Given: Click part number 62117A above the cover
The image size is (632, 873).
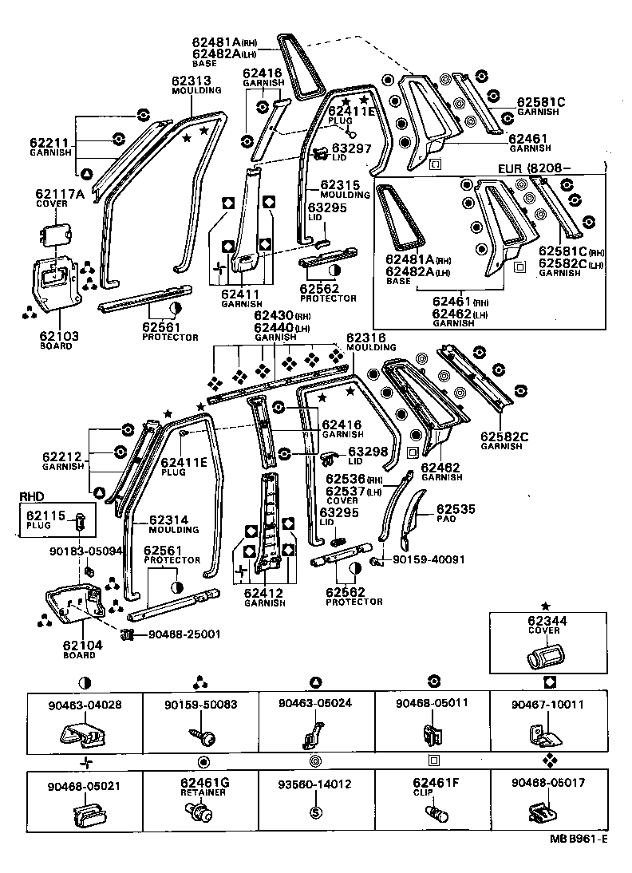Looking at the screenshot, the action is (60, 193).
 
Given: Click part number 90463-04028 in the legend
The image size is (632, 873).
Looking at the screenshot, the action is (85, 705).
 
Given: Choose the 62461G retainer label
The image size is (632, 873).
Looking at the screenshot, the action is (205, 786).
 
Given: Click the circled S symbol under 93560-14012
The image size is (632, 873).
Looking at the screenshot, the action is (316, 812).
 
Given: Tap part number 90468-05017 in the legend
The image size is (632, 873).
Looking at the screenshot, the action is (548, 782).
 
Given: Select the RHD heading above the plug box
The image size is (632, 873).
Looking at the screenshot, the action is (31, 496).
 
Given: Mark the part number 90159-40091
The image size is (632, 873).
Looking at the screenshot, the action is (429, 559).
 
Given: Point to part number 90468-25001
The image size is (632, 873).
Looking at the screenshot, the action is (185, 634).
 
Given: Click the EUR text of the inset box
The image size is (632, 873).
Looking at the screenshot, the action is (509, 168).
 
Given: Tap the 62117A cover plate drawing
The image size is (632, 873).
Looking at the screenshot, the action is (57, 232).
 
